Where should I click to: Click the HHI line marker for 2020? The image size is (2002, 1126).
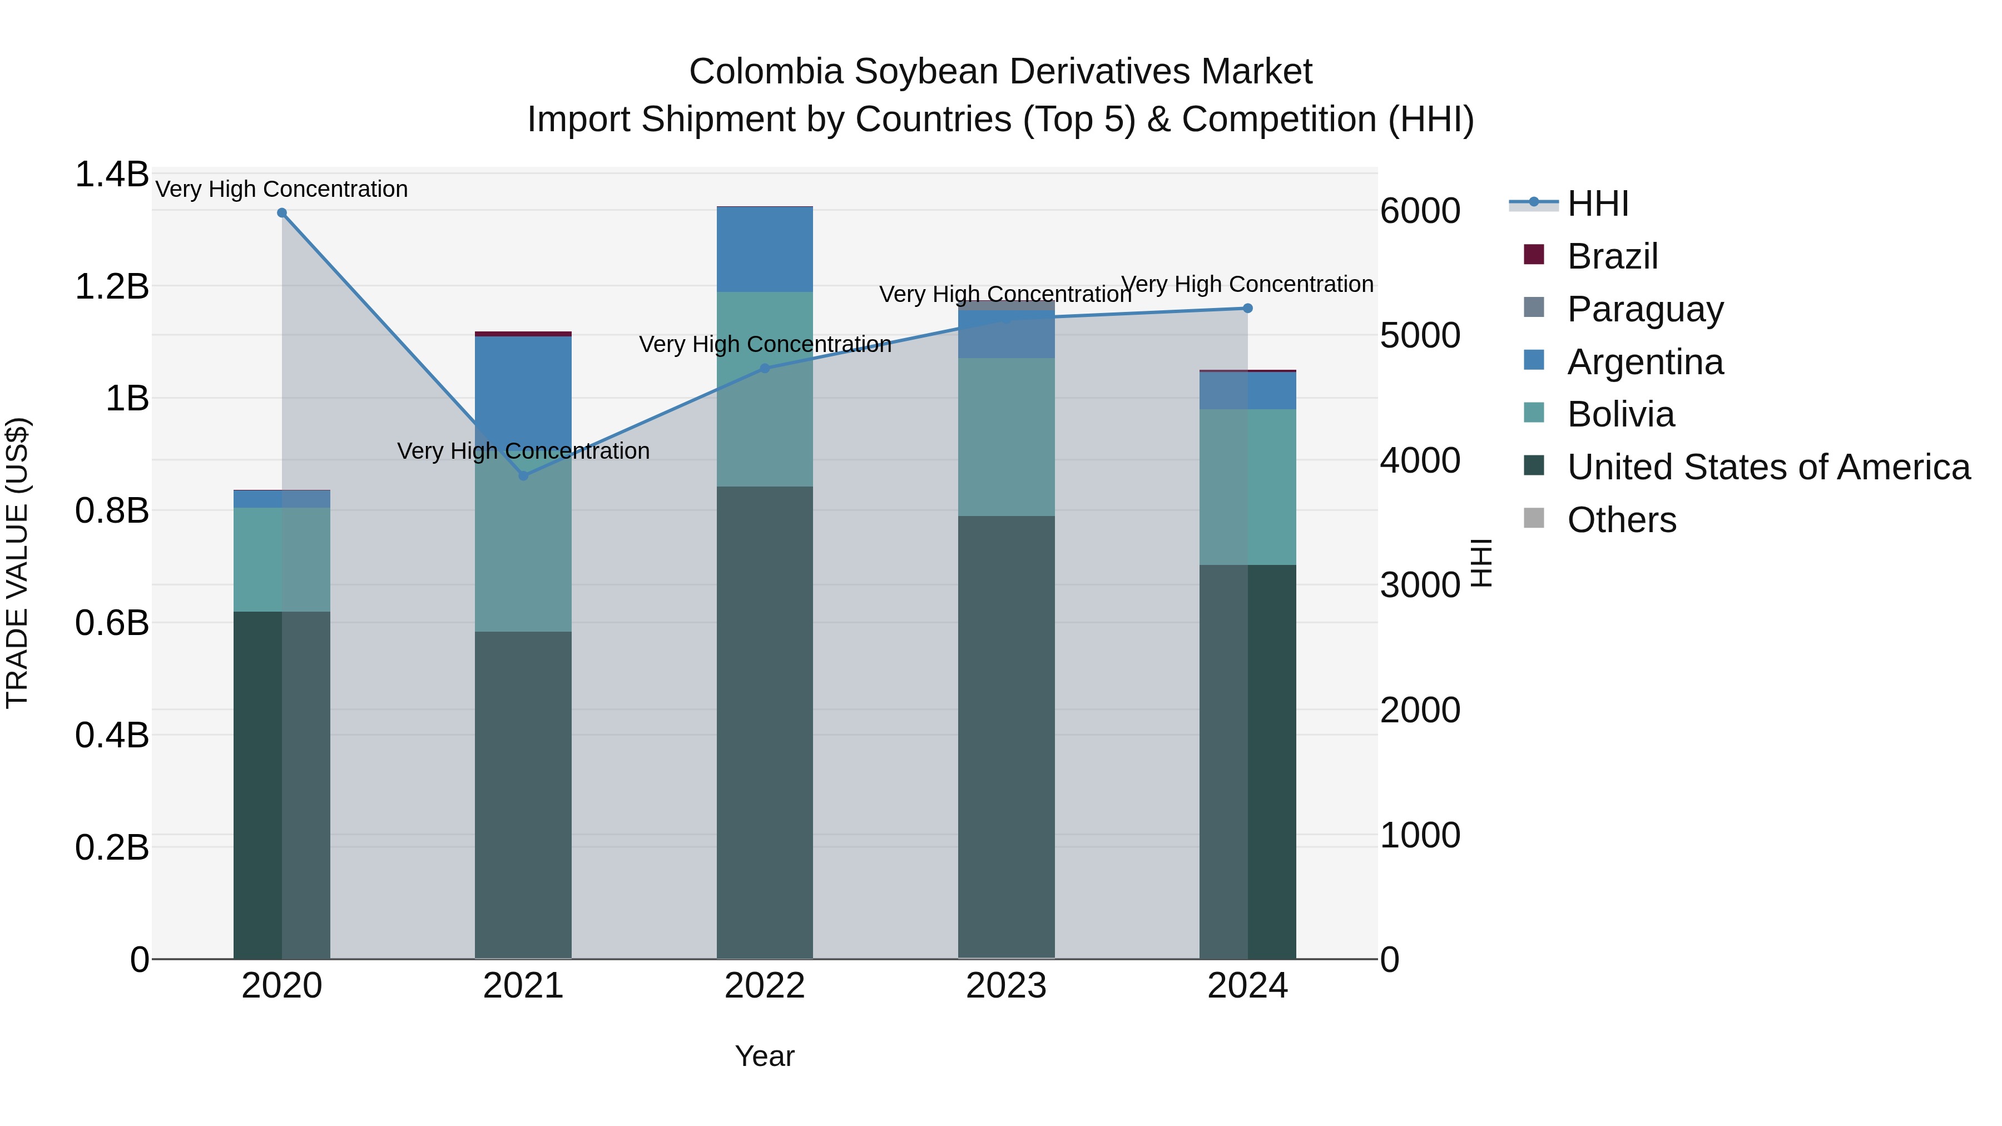pyautogui.click(x=282, y=213)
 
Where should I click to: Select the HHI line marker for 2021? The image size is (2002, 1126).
pyautogui.click(x=523, y=475)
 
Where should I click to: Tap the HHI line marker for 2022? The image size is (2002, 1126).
pyautogui.click(x=765, y=368)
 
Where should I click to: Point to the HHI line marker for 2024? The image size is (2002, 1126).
pyautogui.click(x=1247, y=309)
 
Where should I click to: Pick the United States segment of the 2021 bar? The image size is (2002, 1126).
pyautogui.click(x=523, y=792)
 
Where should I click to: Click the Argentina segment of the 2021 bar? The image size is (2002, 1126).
pyautogui.click(x=523, y=389)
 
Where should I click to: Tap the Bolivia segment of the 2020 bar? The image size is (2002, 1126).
pyautogui.click(x=282, y=559)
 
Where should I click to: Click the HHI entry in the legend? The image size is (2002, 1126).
pyautogui.click(x=1597, y=204)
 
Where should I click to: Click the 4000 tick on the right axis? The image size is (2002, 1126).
pyautogui.click(x=1420, y=461)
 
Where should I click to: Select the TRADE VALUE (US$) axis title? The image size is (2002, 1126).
pyautogui.click(x=17, y=563)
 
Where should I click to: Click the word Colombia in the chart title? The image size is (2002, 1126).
pyautogui.click(x=766, y=72)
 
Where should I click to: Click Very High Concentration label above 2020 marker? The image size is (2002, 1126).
pyautogui.click(x=281, y=189)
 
